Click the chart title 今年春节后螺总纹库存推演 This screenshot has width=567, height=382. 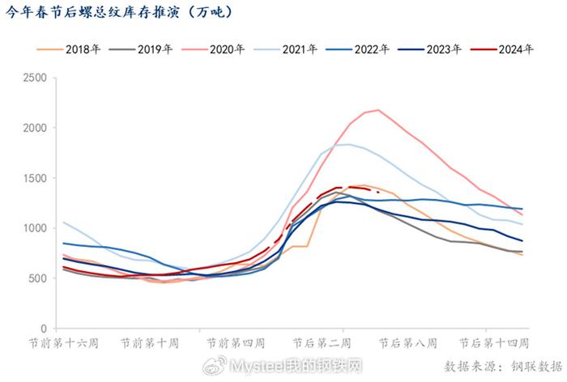pyautogui.click(x=121, y=11)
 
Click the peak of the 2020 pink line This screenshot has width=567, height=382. pyautogui.click(x=378, y=110)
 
